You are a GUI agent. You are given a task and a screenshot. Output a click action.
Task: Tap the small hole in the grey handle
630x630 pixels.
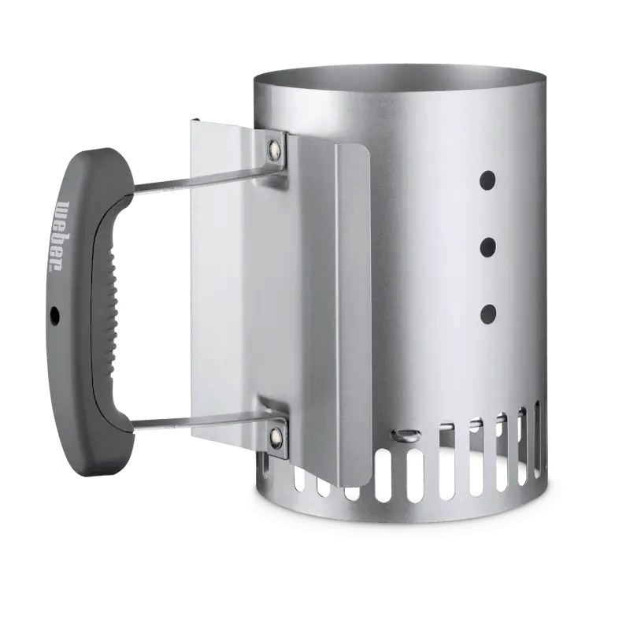point(54,316)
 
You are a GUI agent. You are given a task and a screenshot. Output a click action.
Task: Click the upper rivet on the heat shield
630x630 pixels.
point(275,146)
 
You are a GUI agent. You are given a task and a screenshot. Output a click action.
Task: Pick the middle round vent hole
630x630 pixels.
point(488,247)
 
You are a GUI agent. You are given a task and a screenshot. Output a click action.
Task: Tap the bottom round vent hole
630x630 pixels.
point(488,315)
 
